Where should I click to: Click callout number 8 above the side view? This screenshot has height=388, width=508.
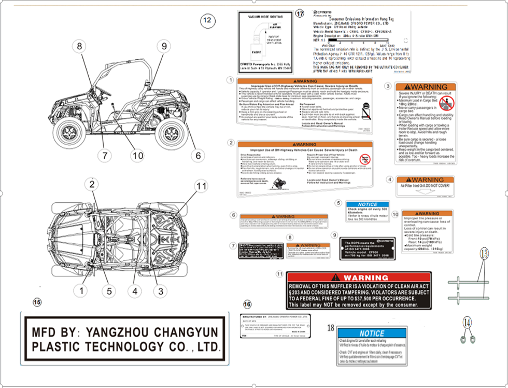(x=79, y=46)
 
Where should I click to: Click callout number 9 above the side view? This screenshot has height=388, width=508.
(x=164, y=46)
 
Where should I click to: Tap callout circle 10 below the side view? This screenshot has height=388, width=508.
(x=137, y=155)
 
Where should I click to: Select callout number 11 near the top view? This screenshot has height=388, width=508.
(x=201, y=186)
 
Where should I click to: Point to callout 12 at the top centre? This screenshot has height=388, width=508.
(x=207, y=21)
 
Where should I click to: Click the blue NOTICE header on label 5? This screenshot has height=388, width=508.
(x=368, y=204)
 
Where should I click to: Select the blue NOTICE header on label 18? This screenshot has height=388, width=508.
(x=372, y=334)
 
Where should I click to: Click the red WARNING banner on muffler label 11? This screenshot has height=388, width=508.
(x=359, y=278)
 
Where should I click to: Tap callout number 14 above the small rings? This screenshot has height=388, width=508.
(x=468, y=323)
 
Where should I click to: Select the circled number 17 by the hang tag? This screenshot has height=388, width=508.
(x=299, y=14)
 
